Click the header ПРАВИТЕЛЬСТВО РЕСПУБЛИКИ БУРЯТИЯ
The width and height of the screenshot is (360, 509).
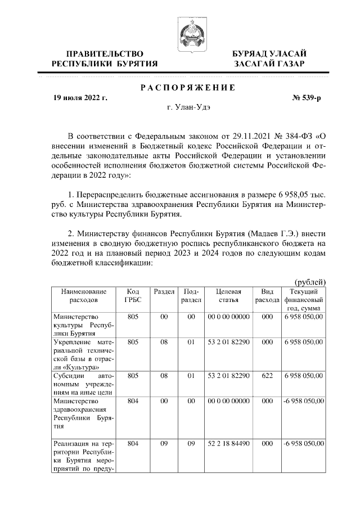click(x=105, y=58)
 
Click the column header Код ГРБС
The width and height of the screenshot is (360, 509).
click(x=133, y=296)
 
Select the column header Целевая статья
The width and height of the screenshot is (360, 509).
click(x=228, y=296)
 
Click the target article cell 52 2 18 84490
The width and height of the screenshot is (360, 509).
click(x=228, y=443)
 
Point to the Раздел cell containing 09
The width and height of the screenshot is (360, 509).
click(x=164, y=443)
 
